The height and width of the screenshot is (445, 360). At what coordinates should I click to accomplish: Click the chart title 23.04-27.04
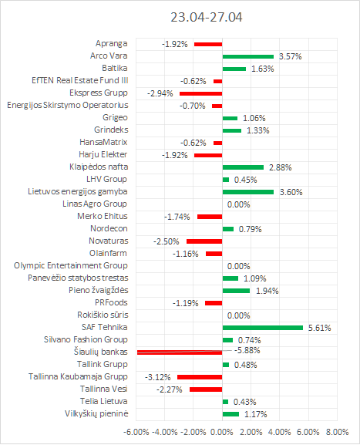207,17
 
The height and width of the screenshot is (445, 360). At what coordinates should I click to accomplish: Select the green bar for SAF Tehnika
262,328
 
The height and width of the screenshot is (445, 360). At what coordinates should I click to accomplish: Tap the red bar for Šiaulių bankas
180,352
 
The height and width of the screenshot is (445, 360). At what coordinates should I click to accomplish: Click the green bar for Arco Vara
248,56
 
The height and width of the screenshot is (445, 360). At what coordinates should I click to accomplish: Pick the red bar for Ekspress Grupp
201,93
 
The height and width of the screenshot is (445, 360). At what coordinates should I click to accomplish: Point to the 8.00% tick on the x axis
337,432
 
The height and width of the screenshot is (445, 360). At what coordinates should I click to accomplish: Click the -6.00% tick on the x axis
136,432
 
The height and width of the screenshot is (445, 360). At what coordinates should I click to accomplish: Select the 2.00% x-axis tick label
251,432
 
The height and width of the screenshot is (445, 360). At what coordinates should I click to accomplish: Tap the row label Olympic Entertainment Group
71,265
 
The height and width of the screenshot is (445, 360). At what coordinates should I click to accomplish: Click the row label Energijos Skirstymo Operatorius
68,106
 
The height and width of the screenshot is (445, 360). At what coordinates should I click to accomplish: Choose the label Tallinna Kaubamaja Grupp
78,376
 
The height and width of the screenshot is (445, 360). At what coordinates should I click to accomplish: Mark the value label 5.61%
319,328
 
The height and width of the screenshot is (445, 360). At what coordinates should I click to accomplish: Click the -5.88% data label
247,350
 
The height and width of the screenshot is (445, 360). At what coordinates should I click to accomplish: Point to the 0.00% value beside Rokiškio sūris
238,315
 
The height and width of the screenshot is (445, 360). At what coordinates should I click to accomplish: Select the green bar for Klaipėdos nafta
243,167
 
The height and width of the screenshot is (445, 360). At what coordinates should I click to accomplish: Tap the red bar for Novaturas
204,241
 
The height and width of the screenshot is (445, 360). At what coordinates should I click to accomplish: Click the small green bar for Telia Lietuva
225,402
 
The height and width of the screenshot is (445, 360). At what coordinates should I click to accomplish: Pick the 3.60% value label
291,192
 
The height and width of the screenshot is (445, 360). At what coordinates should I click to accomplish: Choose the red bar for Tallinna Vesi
206,389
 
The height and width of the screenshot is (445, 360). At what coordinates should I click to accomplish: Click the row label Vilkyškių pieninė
96,413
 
